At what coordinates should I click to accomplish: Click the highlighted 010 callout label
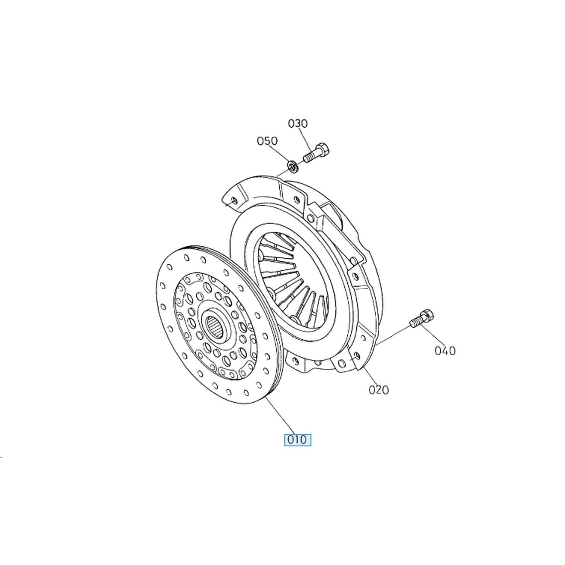tap(298, 440)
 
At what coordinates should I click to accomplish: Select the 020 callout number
tap(378, 389)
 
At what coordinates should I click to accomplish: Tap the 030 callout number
tap(298, 123)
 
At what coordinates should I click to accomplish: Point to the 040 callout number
tap(445, 351)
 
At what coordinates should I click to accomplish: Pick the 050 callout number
tap(267, 141)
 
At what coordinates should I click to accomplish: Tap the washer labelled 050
tap(293, 166)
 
